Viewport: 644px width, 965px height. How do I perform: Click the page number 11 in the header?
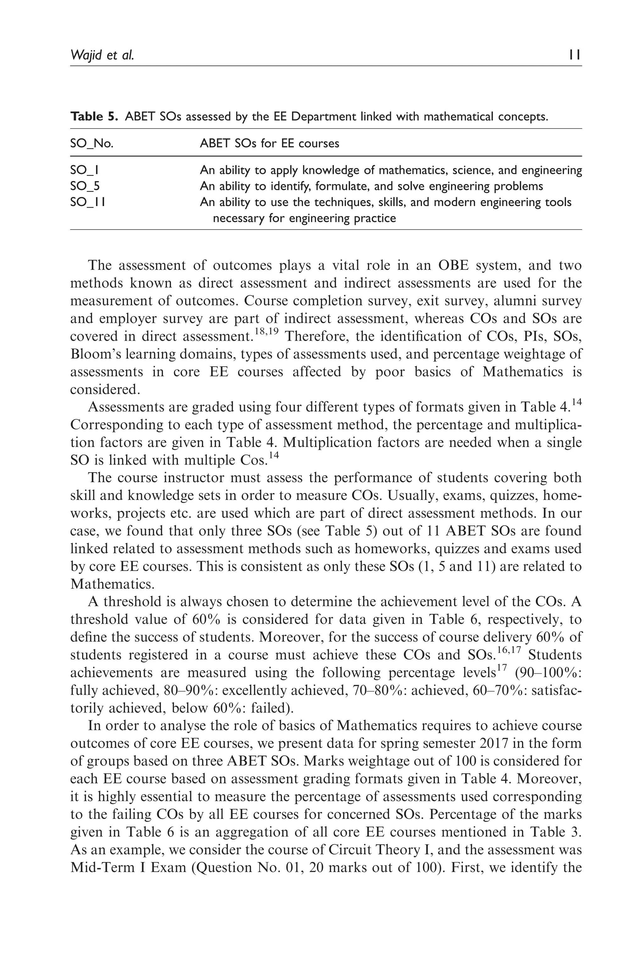point(575,55)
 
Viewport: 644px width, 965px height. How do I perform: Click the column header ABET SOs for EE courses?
point(269,144)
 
